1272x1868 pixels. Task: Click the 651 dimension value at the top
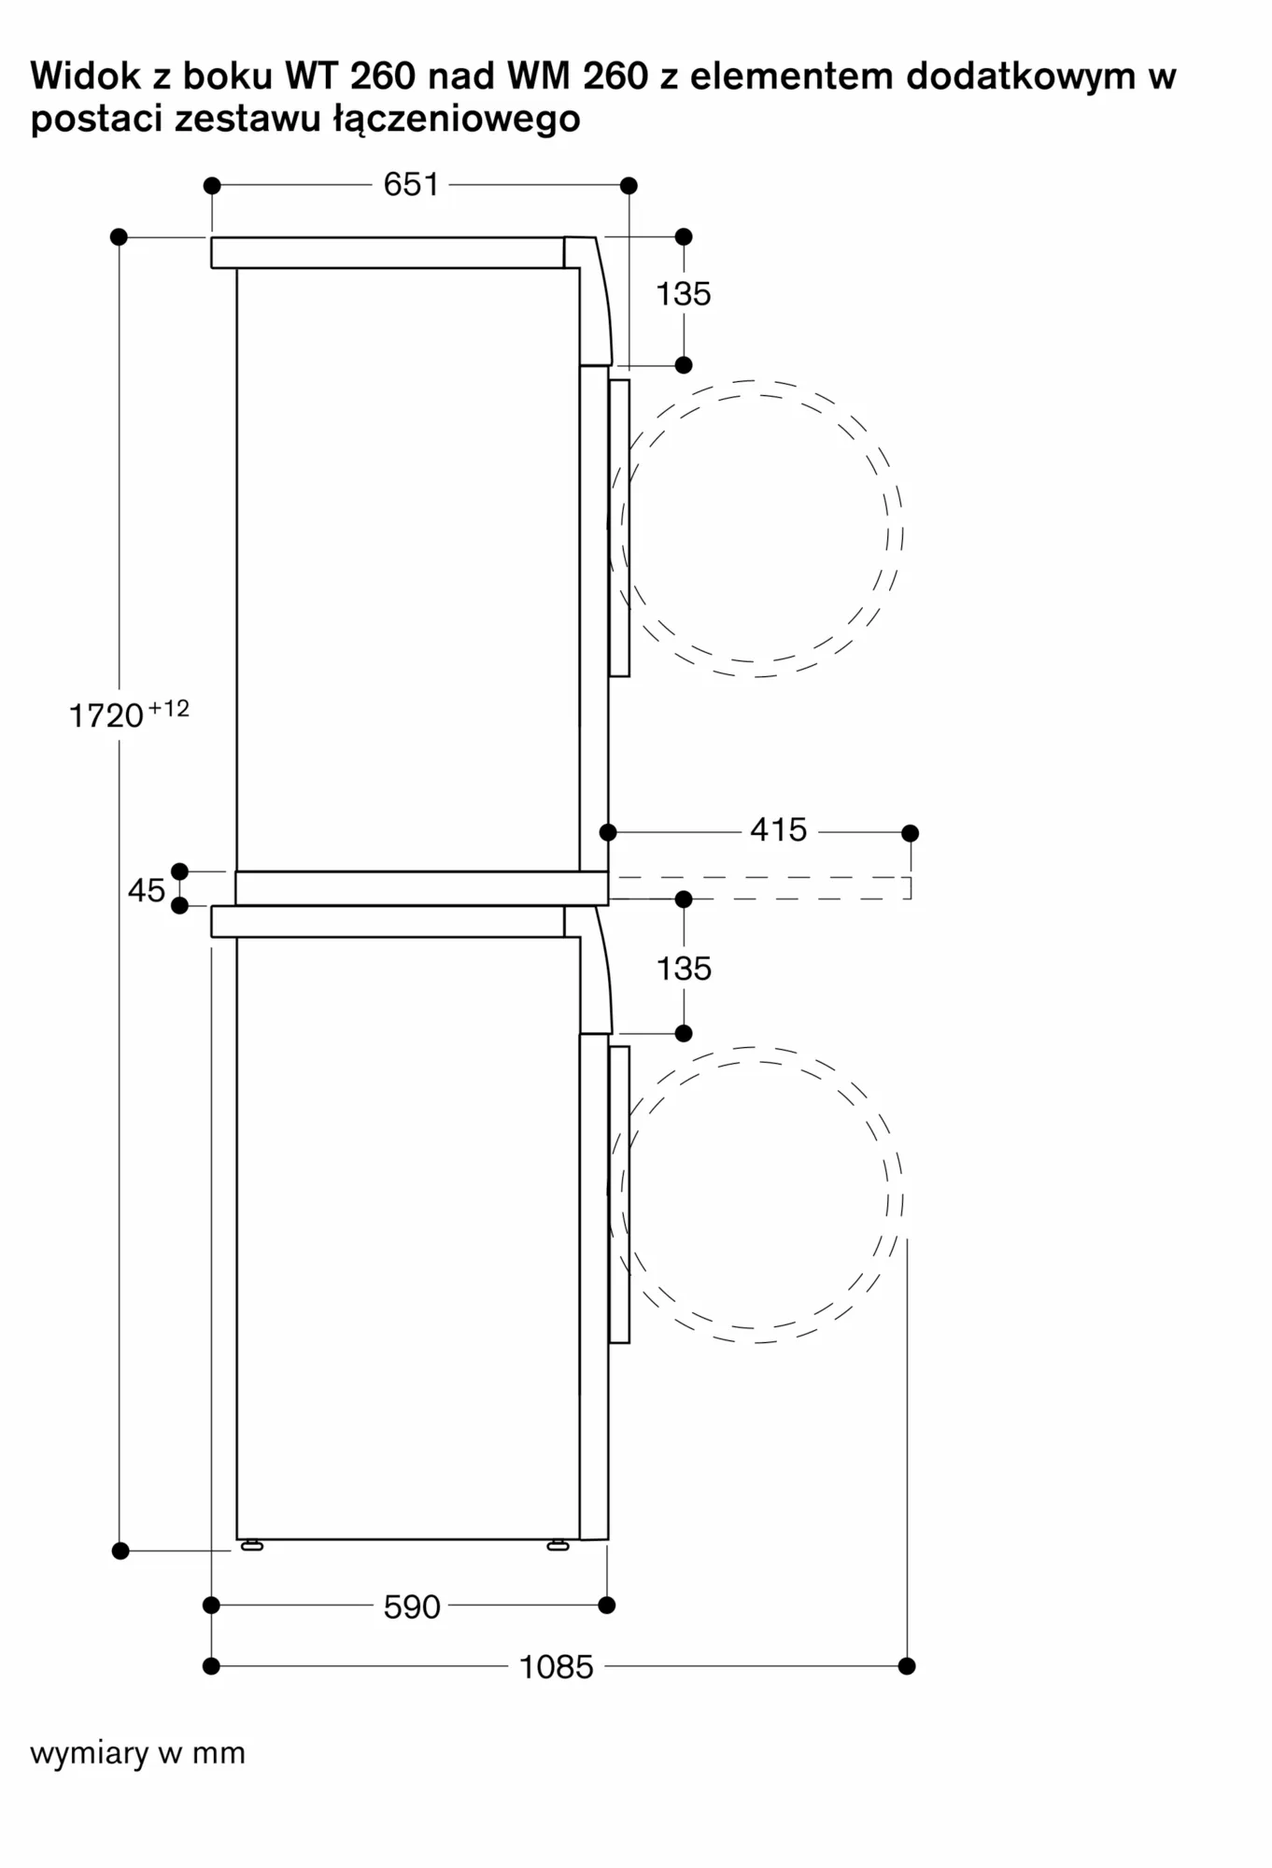pos(411,185)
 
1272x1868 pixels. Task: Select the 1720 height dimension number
pos(106,716)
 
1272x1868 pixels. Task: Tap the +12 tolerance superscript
pos(169,708)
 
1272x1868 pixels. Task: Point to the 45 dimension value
pos(147,890)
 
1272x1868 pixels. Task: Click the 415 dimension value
pos(778,829)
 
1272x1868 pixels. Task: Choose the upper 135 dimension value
pos(684,294)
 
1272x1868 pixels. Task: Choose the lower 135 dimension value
pos(684,969)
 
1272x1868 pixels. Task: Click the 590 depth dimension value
pos(412,1606)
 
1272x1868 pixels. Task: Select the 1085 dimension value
pos(557,1667)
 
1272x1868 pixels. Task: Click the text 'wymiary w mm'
pos(138,1753)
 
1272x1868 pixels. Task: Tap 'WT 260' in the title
pos(350,76)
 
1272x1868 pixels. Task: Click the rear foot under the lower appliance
pos(252,1546)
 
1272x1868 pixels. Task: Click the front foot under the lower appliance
pos(558,1546)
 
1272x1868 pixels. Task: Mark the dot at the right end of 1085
pos(906,1665)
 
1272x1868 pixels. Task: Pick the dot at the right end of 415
pos(910,832)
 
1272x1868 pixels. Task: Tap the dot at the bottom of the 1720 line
pos(120,1550)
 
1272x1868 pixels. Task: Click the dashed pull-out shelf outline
pos(761,888)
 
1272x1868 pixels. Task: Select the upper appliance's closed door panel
pos(619,528)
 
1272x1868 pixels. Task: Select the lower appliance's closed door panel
pos(619,1195)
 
